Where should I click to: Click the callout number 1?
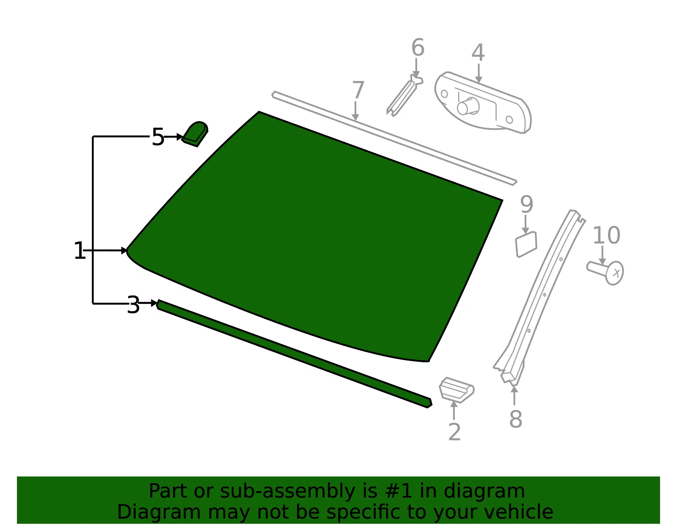point(79,250)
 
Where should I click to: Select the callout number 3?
point(133,305)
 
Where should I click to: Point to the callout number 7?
point(358,90)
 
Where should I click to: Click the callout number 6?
point(418,47)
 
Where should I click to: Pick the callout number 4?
point(478,52)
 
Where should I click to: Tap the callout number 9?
point(526,204)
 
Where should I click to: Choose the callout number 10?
point(606,235)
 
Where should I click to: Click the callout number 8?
point(516,419)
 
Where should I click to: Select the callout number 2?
point(454,432)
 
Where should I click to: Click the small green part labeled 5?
point(195,134)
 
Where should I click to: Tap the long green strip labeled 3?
point(294,353)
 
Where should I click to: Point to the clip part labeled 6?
point(404,96)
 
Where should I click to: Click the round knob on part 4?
point(468,106)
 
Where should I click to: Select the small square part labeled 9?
point(526,244)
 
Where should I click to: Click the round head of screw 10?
point(614,273)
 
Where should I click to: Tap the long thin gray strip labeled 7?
point(394,138)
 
